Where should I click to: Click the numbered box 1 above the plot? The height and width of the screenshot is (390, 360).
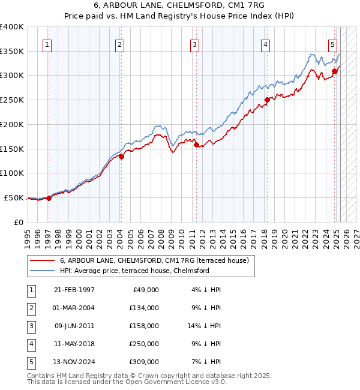47,44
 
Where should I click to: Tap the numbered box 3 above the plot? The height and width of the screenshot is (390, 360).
195,44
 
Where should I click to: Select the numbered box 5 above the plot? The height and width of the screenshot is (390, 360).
332,44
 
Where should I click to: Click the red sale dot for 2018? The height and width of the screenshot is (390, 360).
267,100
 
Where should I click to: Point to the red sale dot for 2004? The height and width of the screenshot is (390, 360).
121,157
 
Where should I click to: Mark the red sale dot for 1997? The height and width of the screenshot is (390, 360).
49,198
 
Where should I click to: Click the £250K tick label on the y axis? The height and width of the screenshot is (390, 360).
11,100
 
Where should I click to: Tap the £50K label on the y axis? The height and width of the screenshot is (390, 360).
14,197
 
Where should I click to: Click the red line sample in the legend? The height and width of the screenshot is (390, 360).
41,260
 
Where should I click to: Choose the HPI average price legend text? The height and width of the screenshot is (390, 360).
134,271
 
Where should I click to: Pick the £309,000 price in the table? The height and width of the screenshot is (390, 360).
143,362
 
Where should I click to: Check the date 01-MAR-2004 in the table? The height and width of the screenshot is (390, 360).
74,308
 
